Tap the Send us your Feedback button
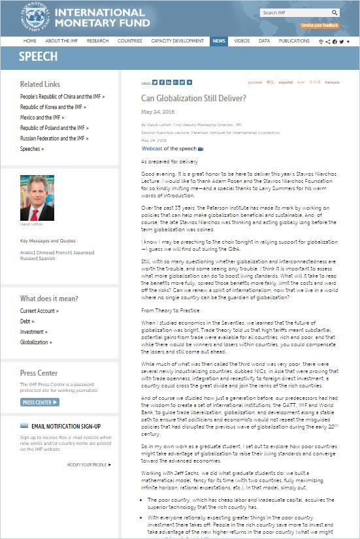click(319, 25)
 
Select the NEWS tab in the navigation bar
click(219, 41)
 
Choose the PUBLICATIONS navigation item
click(294, 41)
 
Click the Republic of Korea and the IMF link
click(51, 107)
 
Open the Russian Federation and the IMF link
click(52, 139)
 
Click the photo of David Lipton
click(37, 198)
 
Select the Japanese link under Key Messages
click(83, 252)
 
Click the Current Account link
click(37, 311)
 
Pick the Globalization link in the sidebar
click(34, 342)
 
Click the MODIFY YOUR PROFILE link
click(87, 465)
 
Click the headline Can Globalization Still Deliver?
click(193, 98)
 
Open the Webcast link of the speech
click(152, 148)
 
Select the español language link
click(286, 82)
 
